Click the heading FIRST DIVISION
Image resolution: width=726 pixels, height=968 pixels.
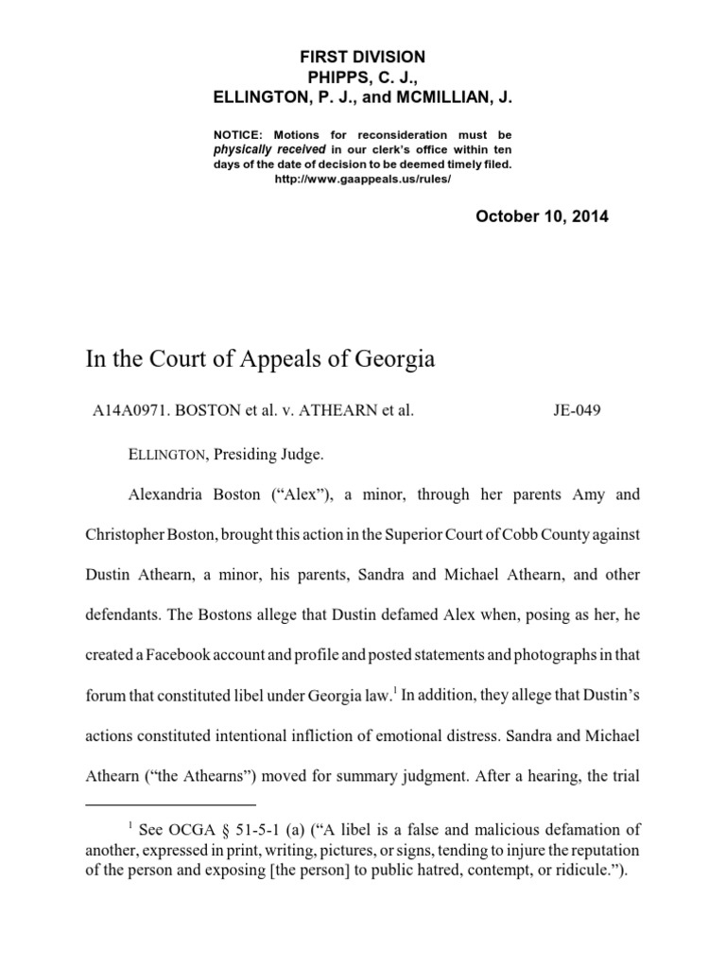point(362,58)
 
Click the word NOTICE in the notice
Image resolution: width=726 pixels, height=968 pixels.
point(235,136)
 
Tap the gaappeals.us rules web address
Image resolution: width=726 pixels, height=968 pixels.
point(362,178)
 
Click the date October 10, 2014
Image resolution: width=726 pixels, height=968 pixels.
point(542,216)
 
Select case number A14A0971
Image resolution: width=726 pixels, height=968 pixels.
point(130,410)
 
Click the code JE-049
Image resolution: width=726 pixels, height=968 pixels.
point(578,410)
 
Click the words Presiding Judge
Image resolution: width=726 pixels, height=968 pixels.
point(268,455)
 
